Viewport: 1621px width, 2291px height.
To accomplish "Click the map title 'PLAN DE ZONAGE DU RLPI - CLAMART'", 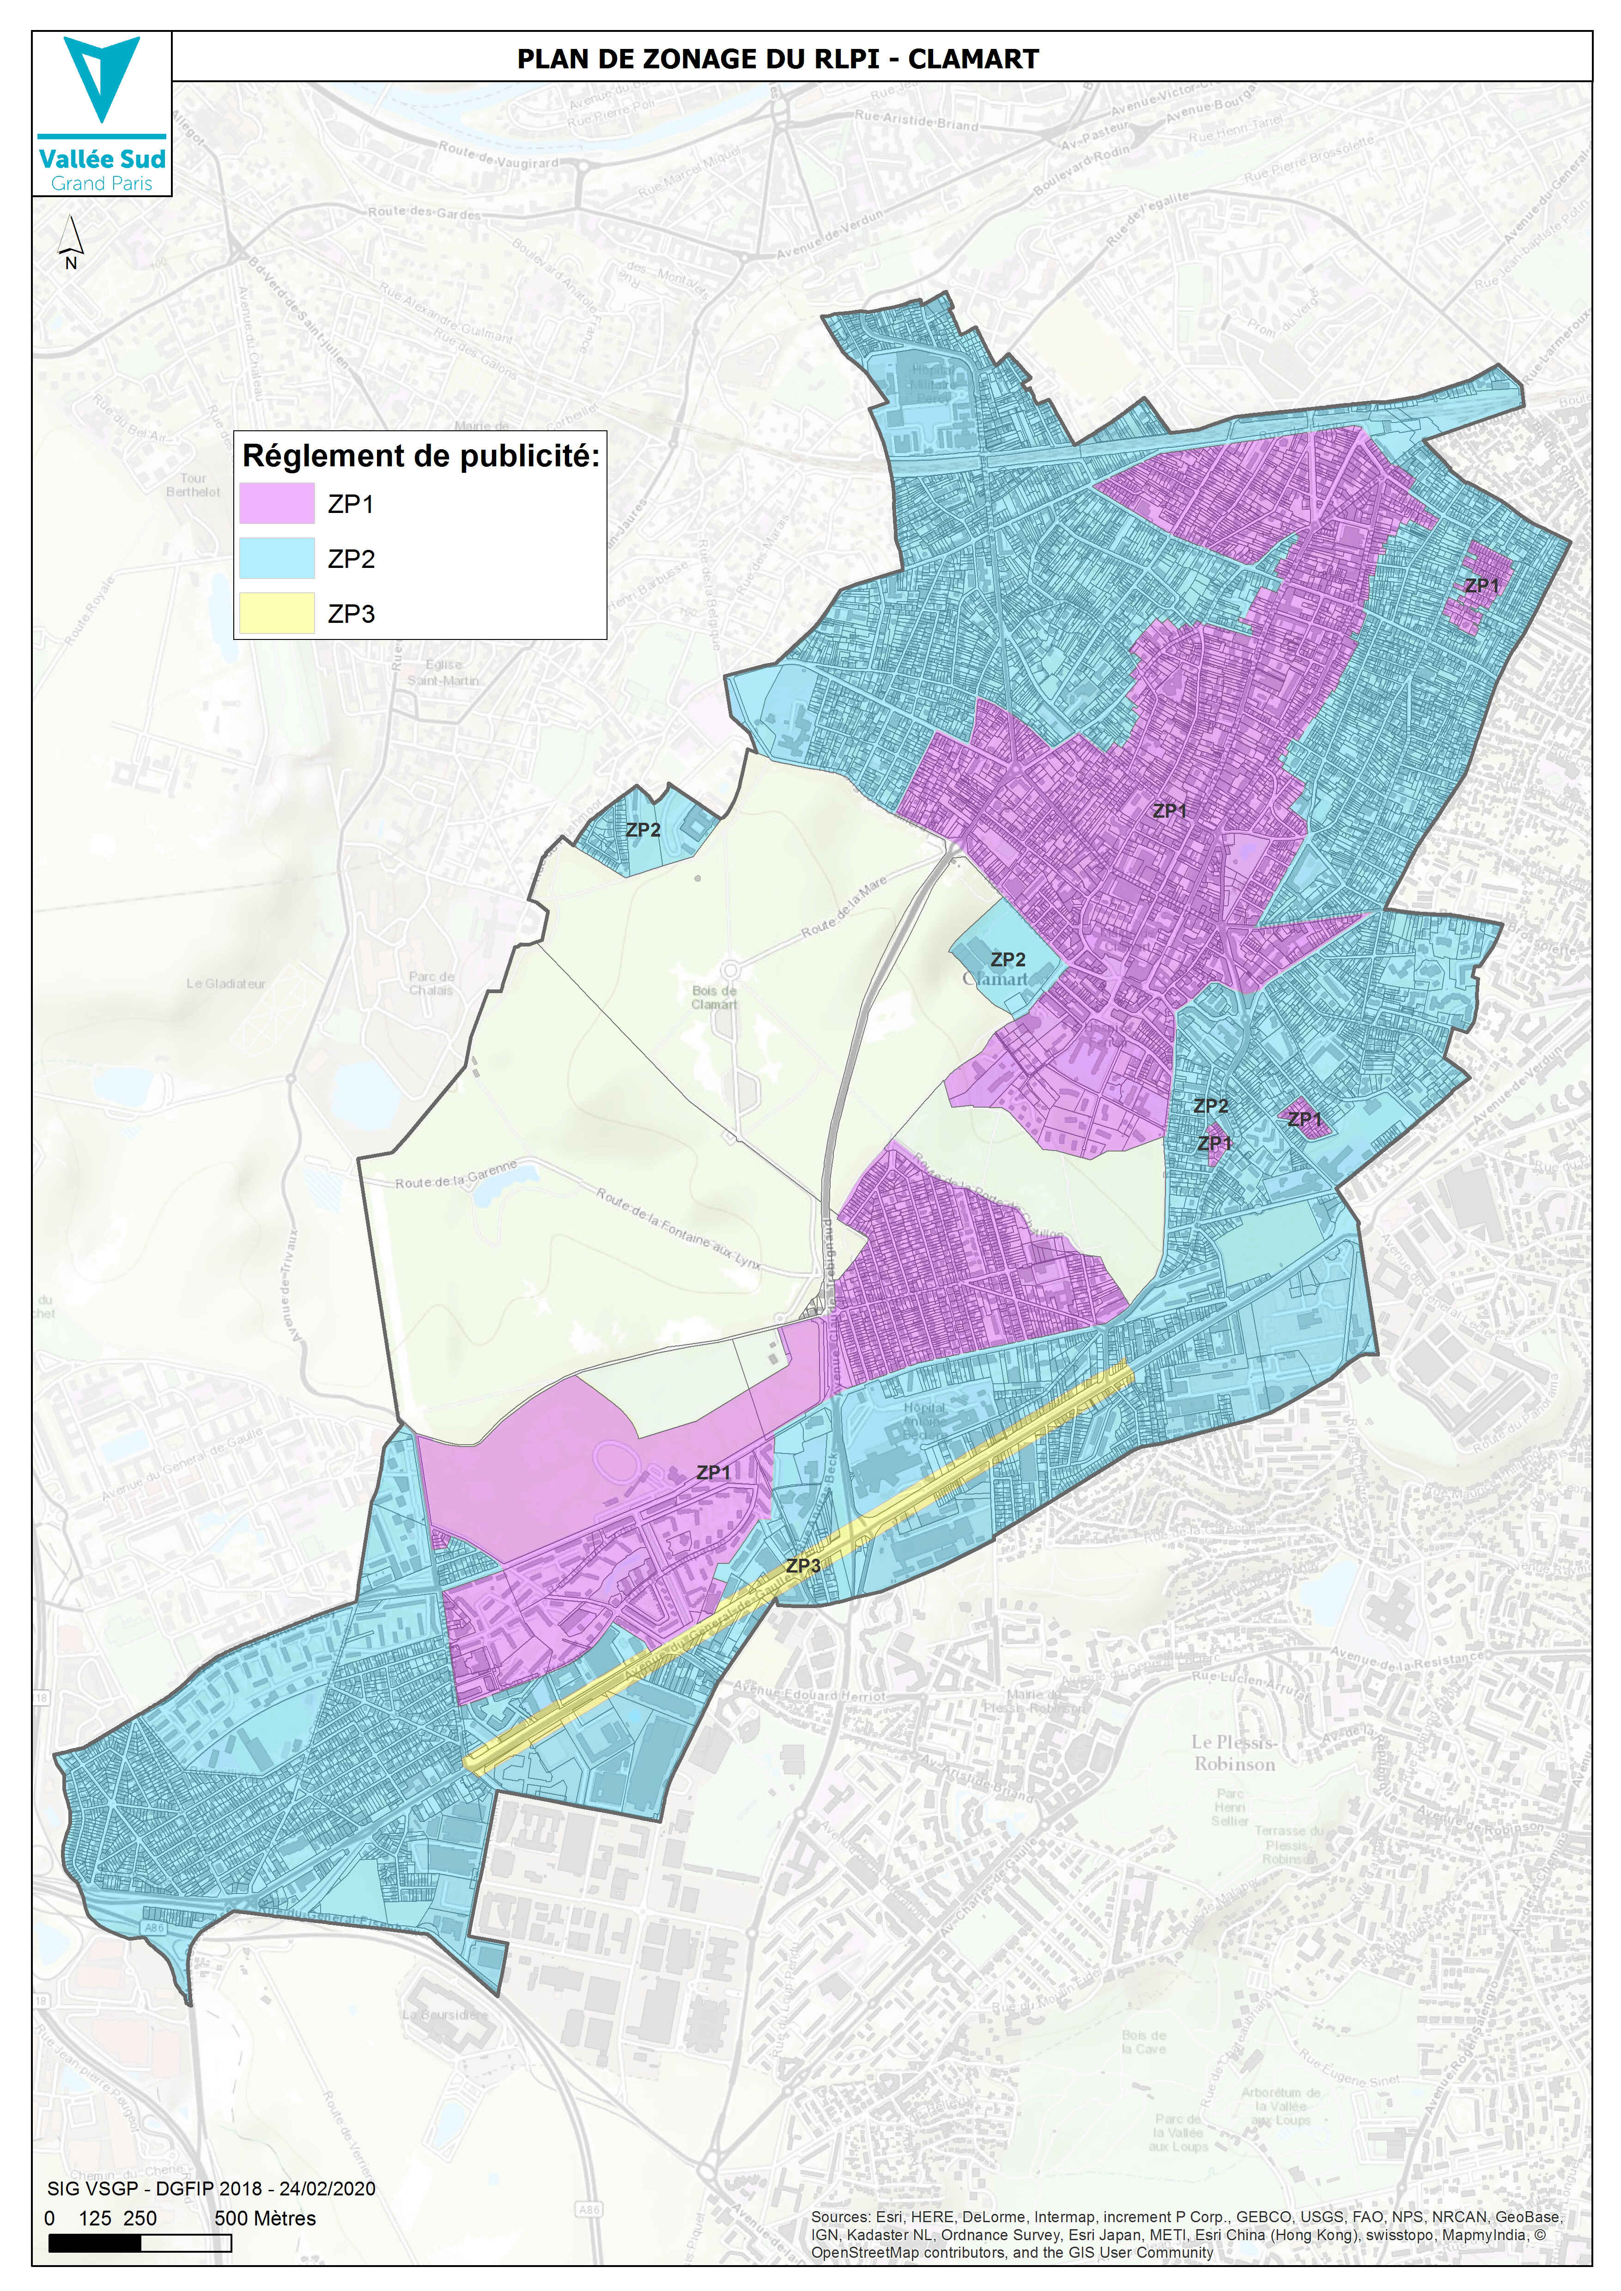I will coord(777,59).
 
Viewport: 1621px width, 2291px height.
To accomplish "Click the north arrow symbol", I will coord(70,240).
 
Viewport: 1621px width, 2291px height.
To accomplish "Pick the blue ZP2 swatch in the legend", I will coord(277,559).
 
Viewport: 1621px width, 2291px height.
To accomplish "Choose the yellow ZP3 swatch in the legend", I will coord(277,614).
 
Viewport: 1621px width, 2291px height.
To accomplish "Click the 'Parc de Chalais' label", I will coord(431,983).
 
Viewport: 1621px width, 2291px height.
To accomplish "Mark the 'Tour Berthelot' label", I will coord(193,485).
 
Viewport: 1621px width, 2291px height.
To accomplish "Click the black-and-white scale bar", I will coord(140,2244).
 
